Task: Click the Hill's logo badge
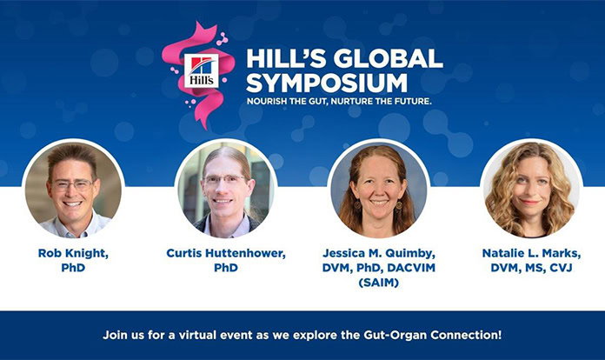point(202,70)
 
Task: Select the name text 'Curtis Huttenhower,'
point(226,252)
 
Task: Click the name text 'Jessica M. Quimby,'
point(379,252)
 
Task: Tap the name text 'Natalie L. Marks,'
point(531,252)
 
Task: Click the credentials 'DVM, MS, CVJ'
point(531,267)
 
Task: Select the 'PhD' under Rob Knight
point(74,267)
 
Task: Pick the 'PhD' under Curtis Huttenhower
point(226,267)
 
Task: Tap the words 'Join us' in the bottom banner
point(123,334)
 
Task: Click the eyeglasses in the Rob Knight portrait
point(72,185)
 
